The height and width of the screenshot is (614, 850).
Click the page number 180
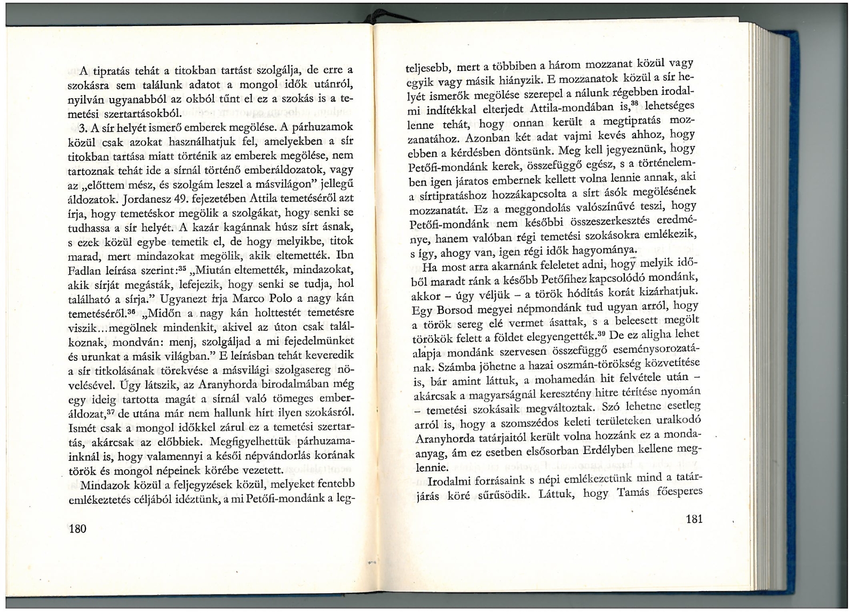click(77, 529)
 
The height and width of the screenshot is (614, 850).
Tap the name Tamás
click(634, 493)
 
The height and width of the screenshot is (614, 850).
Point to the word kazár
click(215, 228)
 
